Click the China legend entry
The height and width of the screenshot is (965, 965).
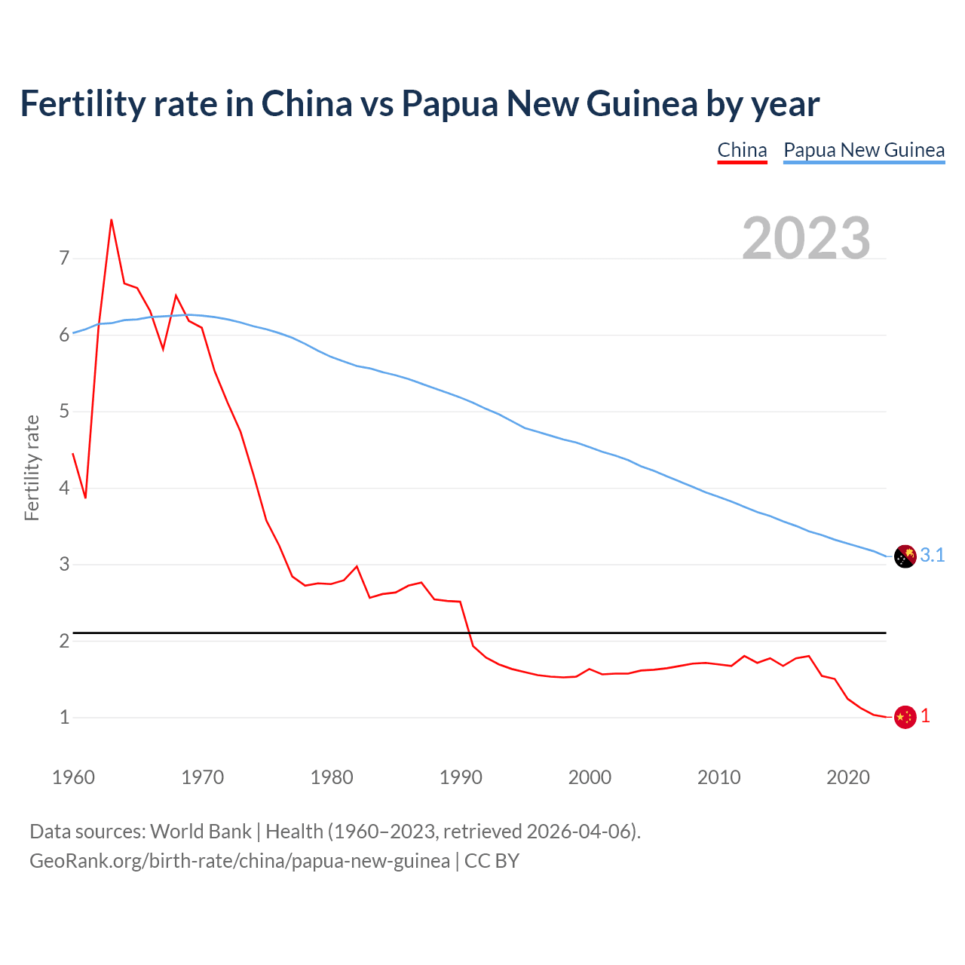[742, 150]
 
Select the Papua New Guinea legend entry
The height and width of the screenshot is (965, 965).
[864, 150]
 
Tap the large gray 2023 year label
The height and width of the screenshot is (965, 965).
[806, 238]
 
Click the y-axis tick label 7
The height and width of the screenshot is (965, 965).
[64, 259]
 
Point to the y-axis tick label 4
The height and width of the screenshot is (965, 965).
[64, 488]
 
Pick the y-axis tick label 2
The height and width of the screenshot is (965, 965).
[64, 641]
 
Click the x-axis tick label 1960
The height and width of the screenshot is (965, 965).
[73, 777]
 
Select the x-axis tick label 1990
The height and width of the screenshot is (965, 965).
[461, 777]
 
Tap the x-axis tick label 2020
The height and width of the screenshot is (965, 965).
[848, 777]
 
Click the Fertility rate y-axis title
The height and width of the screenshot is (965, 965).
[32, 467]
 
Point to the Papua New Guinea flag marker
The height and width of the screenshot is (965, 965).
[905, 556]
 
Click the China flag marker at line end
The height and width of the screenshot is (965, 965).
[905, 717]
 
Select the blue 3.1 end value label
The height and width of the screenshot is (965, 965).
[933, 556]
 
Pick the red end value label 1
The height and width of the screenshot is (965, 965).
[925, 716]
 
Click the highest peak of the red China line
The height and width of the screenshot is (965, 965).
[112, 220]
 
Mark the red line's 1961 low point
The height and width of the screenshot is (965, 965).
[86, 498]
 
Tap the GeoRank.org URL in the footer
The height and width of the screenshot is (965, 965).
[239, 861]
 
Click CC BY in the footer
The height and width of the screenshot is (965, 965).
[492, 861]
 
